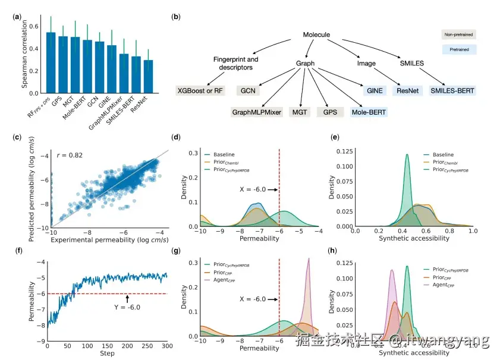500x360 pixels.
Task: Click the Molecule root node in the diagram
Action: (316, 35)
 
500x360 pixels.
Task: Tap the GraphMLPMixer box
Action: (257, 111)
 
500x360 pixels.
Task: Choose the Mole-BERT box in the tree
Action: (369, 111)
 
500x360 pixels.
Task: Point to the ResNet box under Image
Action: (408, 91)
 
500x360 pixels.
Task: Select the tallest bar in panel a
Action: (51, 62)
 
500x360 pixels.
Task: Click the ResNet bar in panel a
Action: (147, 77)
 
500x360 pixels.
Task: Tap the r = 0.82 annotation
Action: (70, 156)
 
